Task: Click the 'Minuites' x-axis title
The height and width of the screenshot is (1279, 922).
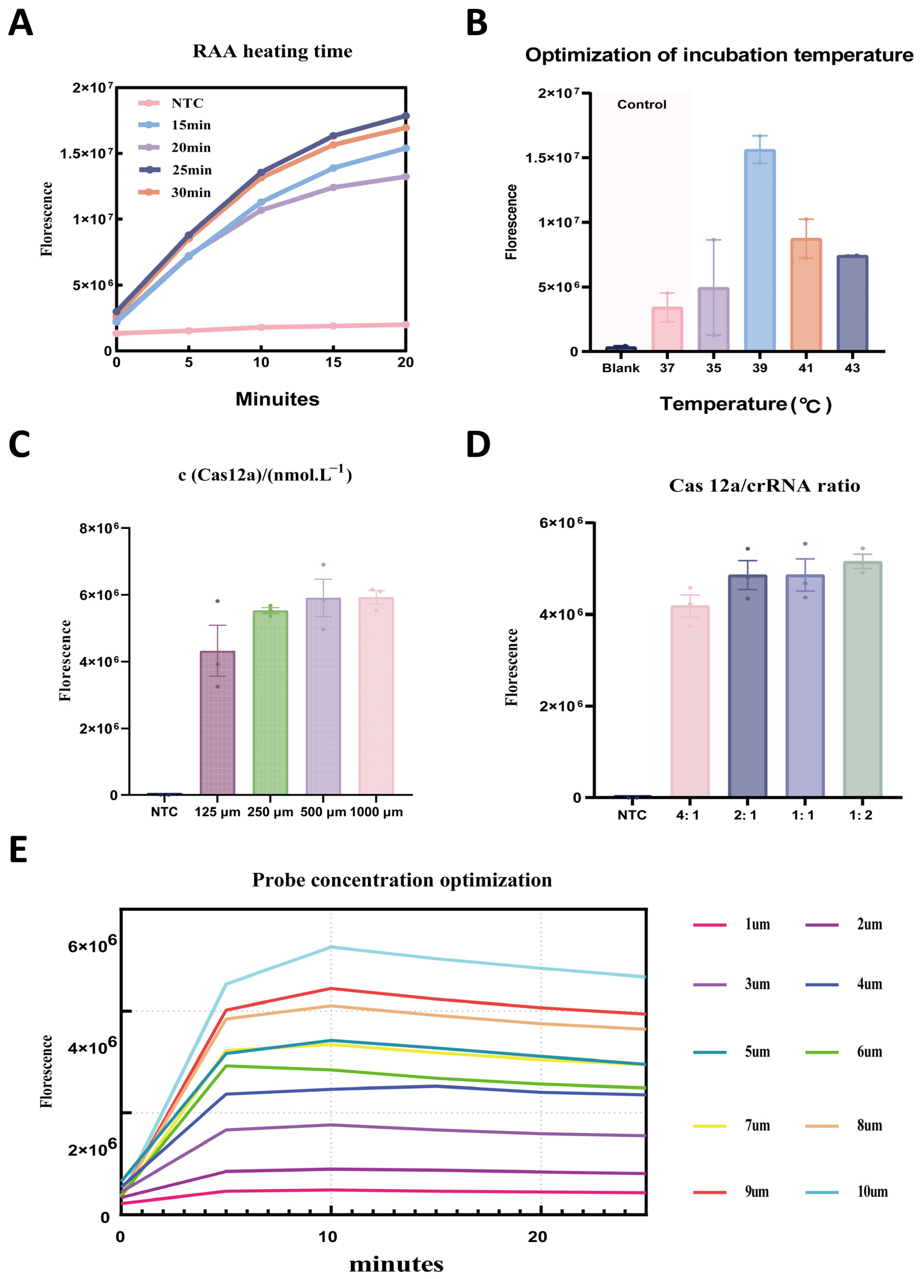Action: click(x=277, y=399)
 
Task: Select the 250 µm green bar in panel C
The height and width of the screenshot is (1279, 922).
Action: click(x=271, y=702)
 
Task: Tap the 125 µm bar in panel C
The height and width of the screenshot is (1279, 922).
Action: click(x=218, y=723)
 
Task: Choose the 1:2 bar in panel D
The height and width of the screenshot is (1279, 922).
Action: click(x=862, y=680)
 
